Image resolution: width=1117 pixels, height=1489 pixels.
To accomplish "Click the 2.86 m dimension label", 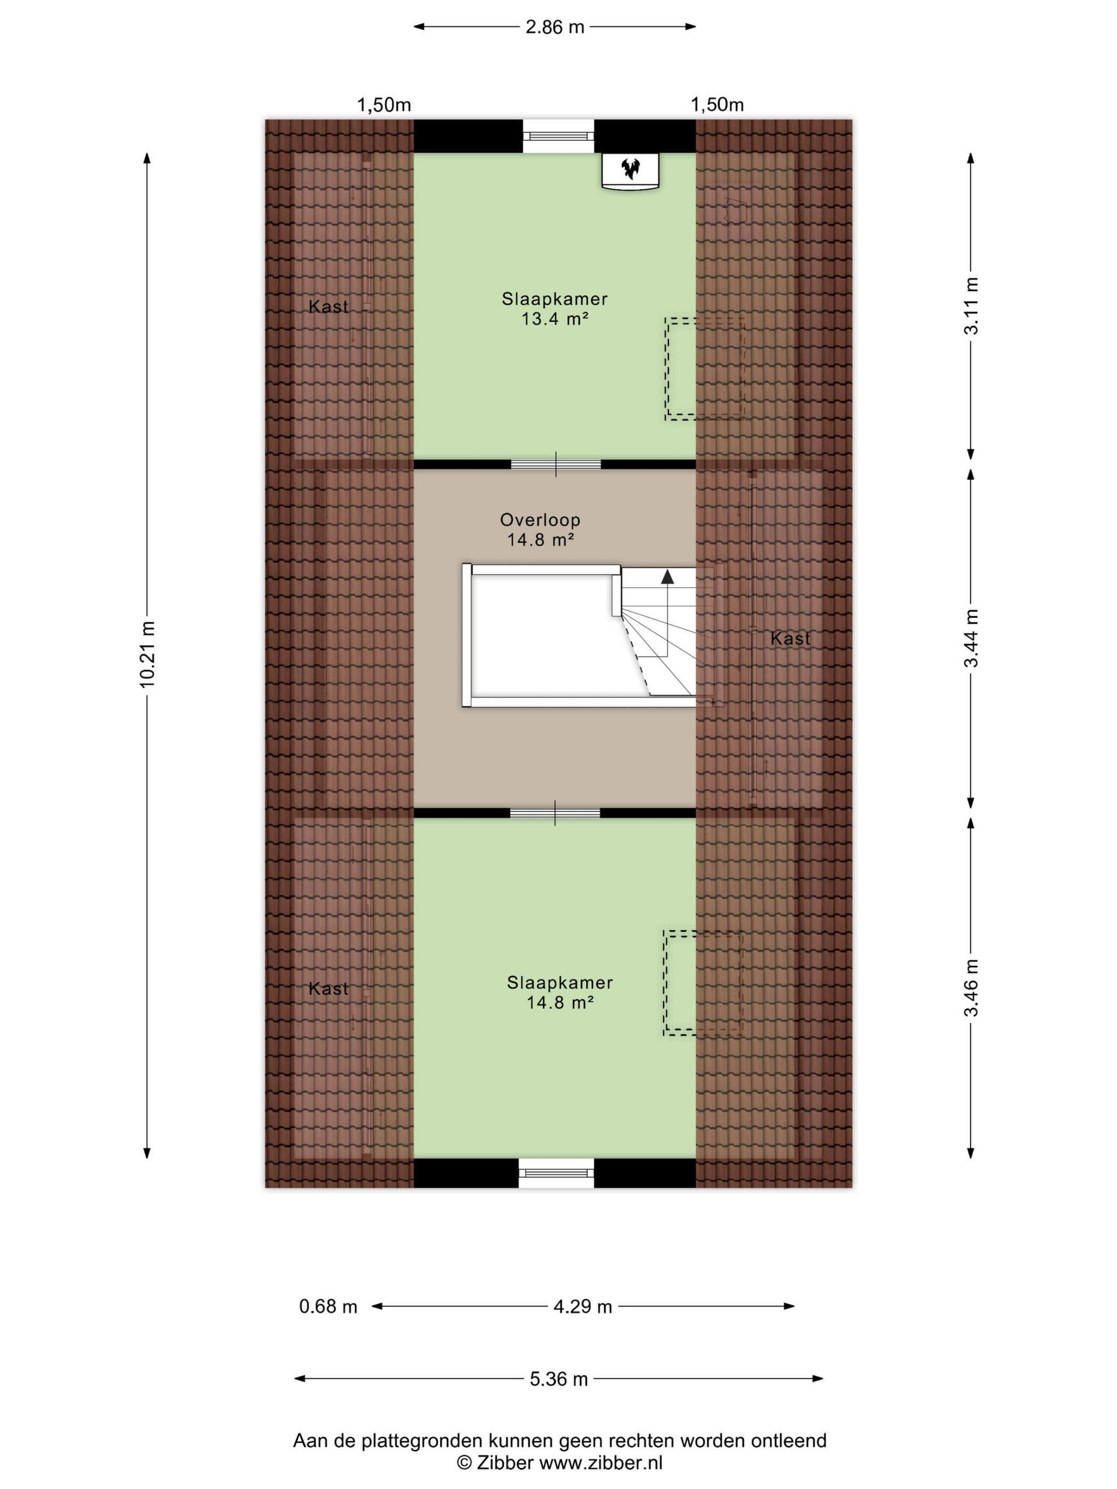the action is click(554, 27).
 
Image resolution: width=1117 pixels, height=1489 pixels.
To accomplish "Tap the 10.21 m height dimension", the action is click(147, 654).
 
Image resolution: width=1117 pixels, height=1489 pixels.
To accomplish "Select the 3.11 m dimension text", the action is click(971, 306).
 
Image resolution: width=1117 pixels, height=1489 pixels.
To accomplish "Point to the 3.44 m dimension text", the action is click(971, 638).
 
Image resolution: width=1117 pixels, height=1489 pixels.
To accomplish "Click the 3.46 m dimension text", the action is click(971, 988).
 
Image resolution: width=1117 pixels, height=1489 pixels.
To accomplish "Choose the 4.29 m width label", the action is click(582, 1307).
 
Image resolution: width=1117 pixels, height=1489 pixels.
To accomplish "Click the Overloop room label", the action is click(540, 520).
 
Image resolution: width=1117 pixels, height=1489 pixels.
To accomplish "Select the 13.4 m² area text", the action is click(555, 319).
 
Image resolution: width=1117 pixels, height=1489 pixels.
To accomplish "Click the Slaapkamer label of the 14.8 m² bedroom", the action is click(560, 983).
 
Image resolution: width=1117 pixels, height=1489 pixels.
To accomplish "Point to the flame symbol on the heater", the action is click(630, 168).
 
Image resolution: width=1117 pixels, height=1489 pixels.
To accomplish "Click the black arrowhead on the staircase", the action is click(667, 577).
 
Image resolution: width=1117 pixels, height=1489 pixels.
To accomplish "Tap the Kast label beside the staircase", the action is click(790, 638).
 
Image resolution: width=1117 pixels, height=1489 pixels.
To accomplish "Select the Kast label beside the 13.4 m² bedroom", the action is click(329, 306).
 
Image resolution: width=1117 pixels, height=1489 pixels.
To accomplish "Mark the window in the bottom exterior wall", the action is click(557, 1173).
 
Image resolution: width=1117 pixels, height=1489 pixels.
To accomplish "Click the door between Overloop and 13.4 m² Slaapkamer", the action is click(555, 464).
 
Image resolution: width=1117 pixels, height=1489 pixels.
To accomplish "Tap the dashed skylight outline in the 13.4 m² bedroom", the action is click(704, 369).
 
